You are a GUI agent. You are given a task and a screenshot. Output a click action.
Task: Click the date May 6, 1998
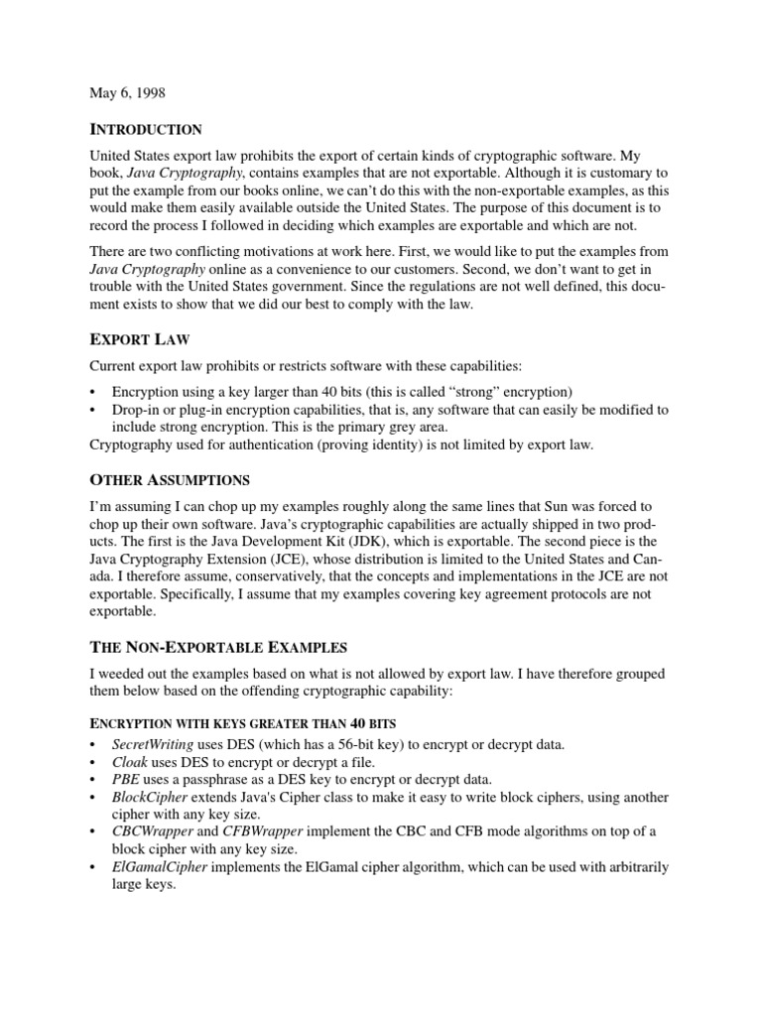pos(128,93)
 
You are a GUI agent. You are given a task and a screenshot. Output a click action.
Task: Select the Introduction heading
pos(146,130)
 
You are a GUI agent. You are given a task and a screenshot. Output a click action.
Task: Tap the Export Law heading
pos(140,340)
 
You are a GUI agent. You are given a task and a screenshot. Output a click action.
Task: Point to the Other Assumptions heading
pos(170,480)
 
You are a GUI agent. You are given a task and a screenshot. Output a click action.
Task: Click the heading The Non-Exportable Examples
pos(218,648)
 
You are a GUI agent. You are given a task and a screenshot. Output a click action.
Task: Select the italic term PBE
pos(126,779)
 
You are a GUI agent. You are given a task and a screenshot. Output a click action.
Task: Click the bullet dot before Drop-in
pos(92,410)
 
